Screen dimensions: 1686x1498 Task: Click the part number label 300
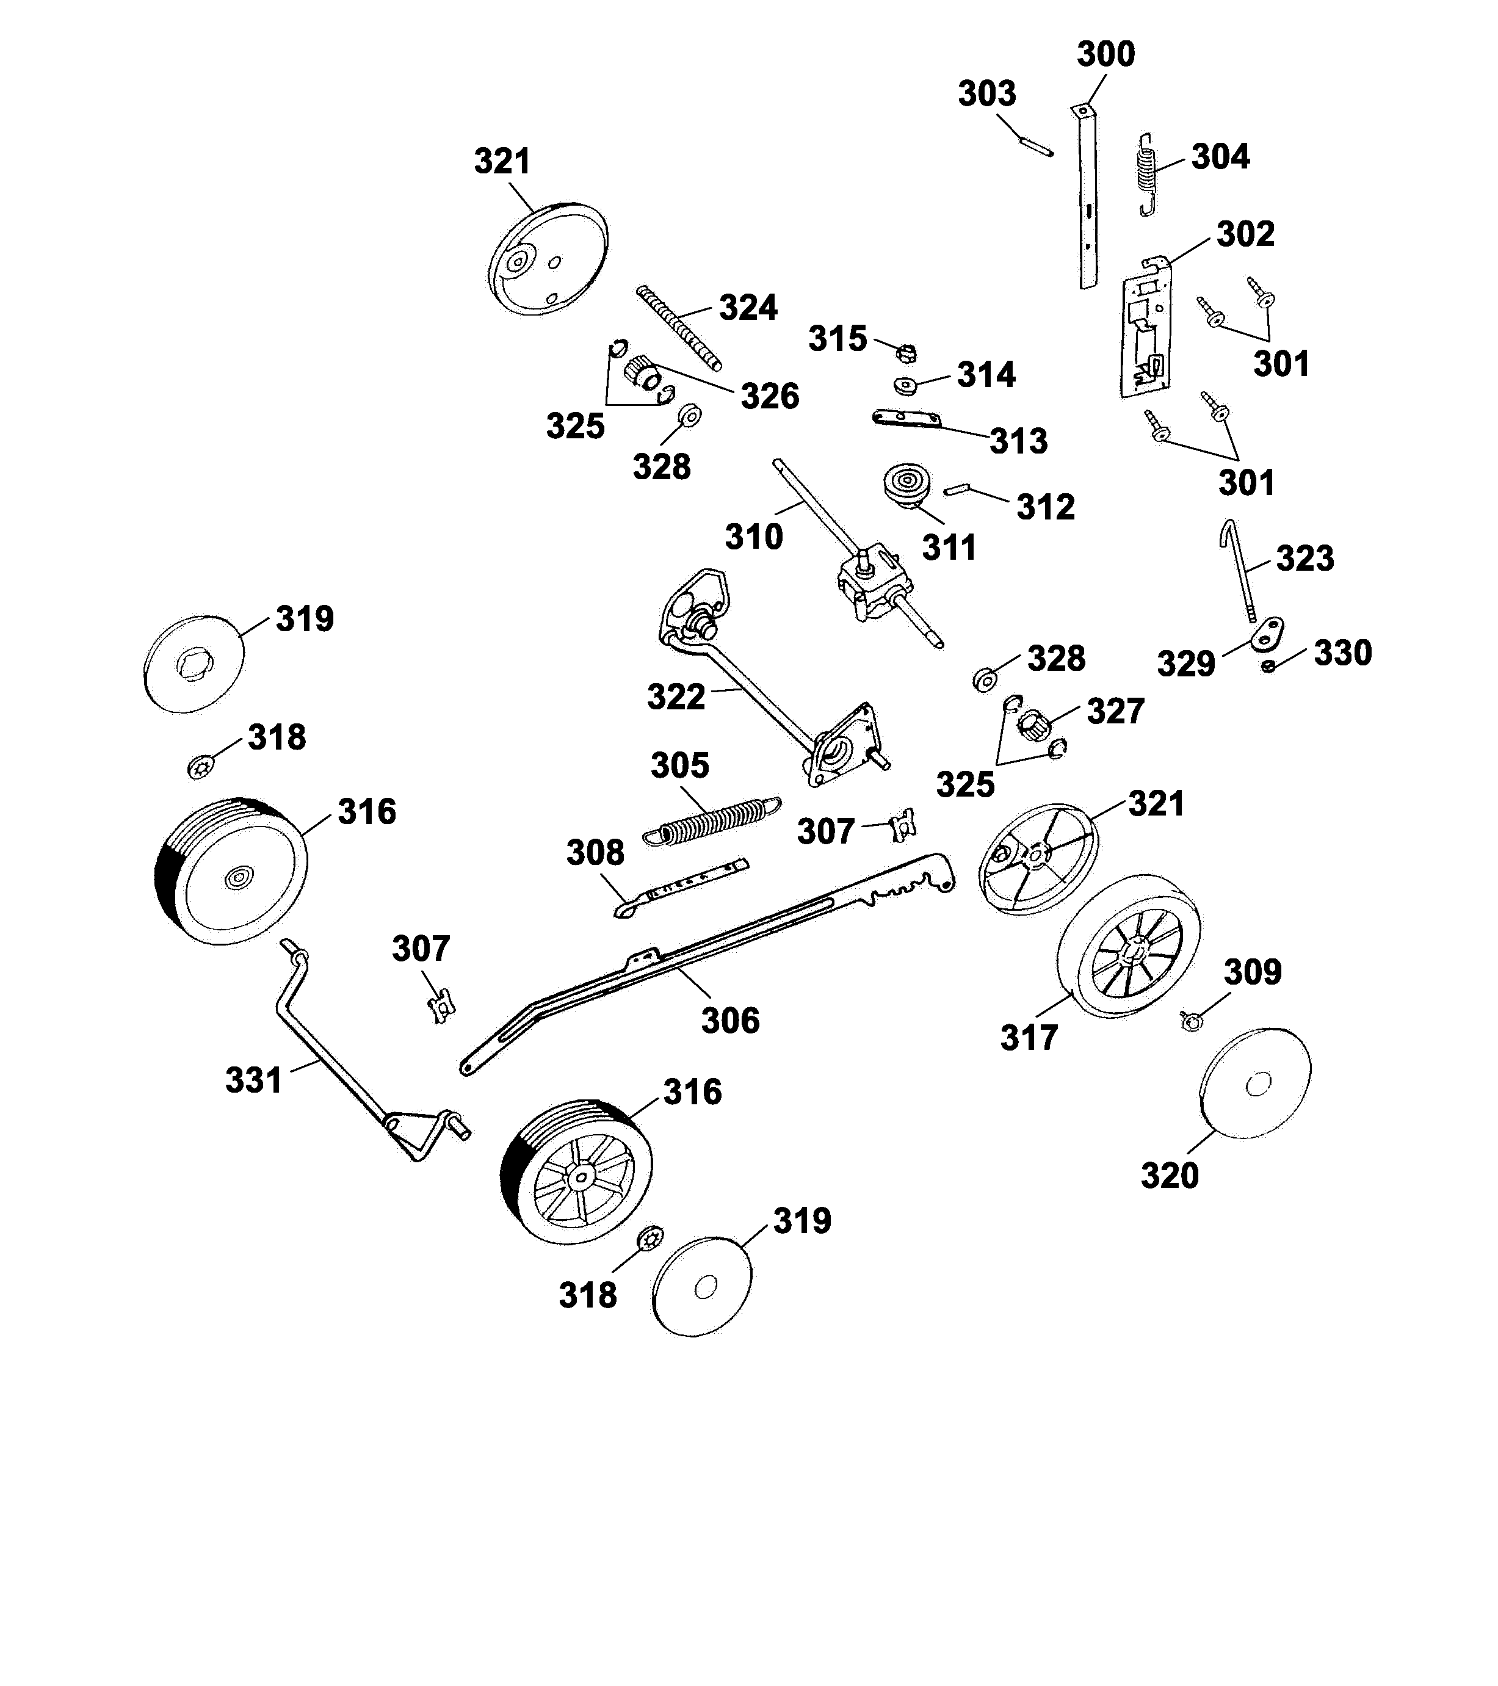click(1105, 54)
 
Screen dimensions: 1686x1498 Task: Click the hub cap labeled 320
click(1254, 1083)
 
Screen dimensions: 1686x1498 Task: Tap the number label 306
click(730, 1021)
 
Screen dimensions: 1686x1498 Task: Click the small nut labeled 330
click(1268, 665)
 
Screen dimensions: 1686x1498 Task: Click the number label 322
click(676, 697)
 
